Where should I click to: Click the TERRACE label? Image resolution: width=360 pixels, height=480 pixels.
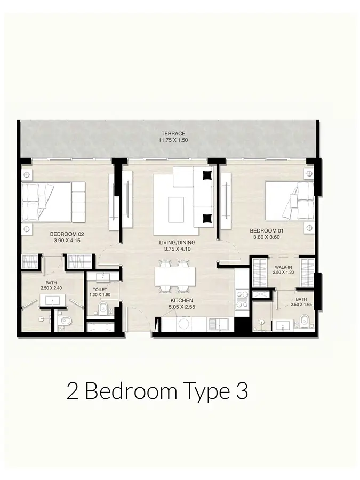[173, 134]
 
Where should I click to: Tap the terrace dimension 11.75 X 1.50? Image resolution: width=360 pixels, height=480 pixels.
[173, 140]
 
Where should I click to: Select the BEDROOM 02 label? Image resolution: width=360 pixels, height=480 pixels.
[67, 234]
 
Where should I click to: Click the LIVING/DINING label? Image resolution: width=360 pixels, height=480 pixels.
[177, 243]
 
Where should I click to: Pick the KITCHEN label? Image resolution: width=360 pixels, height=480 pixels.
[182, 301]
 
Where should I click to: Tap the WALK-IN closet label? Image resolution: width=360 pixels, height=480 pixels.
[283, 267]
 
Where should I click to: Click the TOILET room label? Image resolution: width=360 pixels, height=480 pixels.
[100, 290]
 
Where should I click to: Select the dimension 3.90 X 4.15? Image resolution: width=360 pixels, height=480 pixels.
[67, 241]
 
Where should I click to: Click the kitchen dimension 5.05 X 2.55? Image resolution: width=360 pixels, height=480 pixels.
[182, 307]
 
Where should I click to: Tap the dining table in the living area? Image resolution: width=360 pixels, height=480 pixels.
[175, 276]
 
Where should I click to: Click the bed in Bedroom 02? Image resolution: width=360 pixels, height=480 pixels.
[53, 201]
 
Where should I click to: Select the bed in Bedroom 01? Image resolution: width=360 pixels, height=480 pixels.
[289, 201]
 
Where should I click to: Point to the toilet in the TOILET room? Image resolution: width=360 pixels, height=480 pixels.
[103, 307]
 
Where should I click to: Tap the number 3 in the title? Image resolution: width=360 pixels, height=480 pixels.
[242, 391]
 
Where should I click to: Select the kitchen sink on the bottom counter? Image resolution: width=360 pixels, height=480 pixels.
[219, 324]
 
